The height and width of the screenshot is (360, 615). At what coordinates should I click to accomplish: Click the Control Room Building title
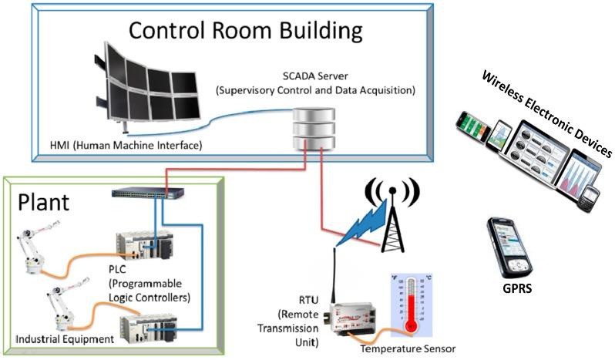[244, 32]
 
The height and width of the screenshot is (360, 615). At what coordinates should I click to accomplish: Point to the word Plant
[44, 202]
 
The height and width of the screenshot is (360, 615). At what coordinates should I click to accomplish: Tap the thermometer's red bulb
[410, 327]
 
